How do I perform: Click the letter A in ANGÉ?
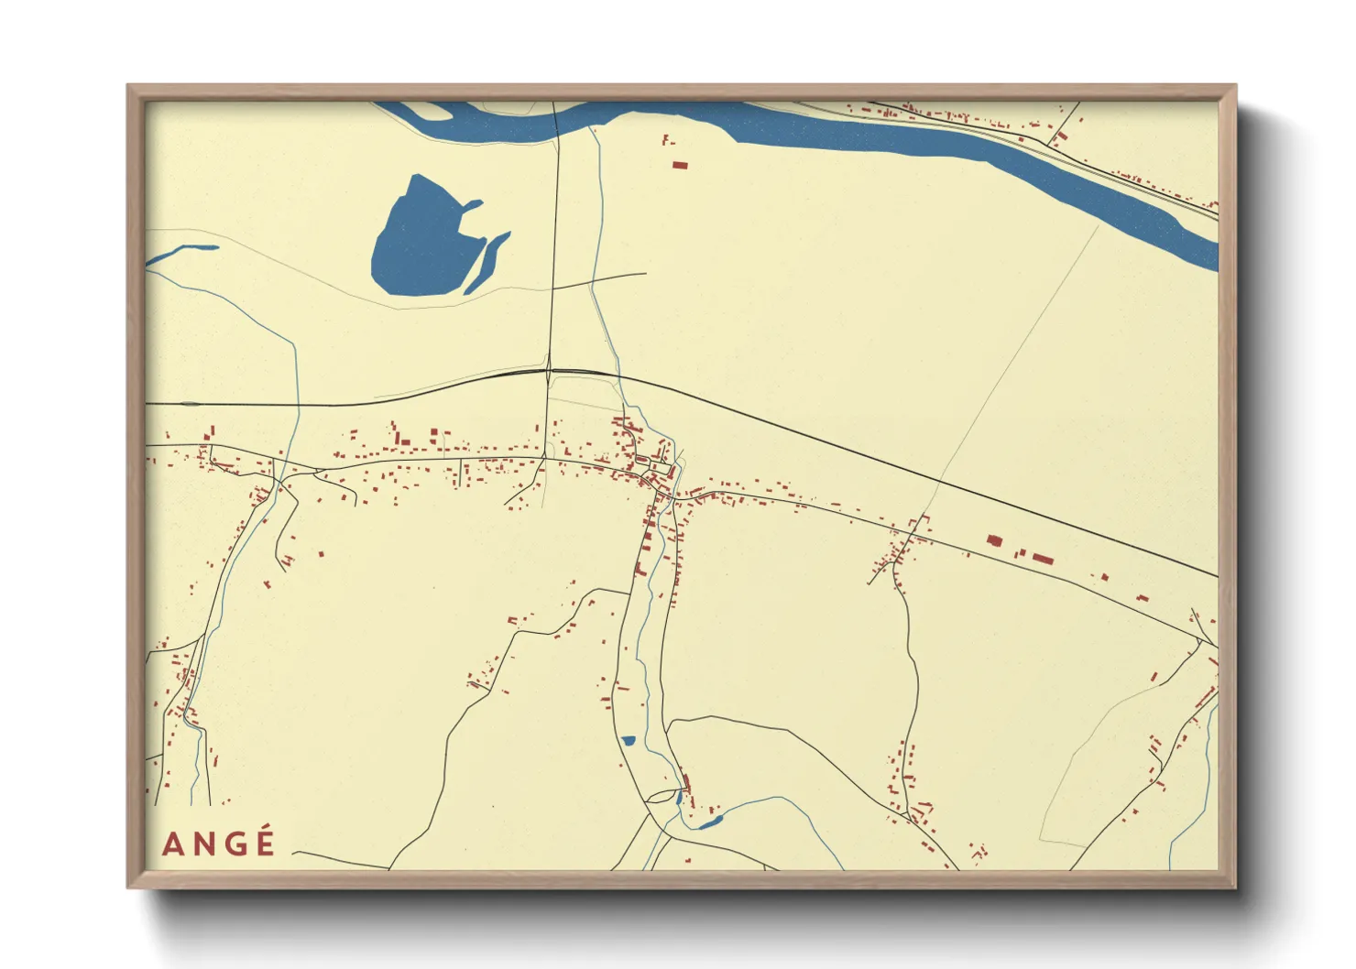[171, 844]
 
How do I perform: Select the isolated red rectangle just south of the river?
[680, 165]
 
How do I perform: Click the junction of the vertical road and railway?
[548, 370]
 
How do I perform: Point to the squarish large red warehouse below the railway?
[994, 540]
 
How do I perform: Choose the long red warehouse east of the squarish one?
[1043, 558]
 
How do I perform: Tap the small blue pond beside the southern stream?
[629, 741]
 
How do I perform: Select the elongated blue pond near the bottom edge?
[707, 823]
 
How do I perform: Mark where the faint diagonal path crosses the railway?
[940, 478]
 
